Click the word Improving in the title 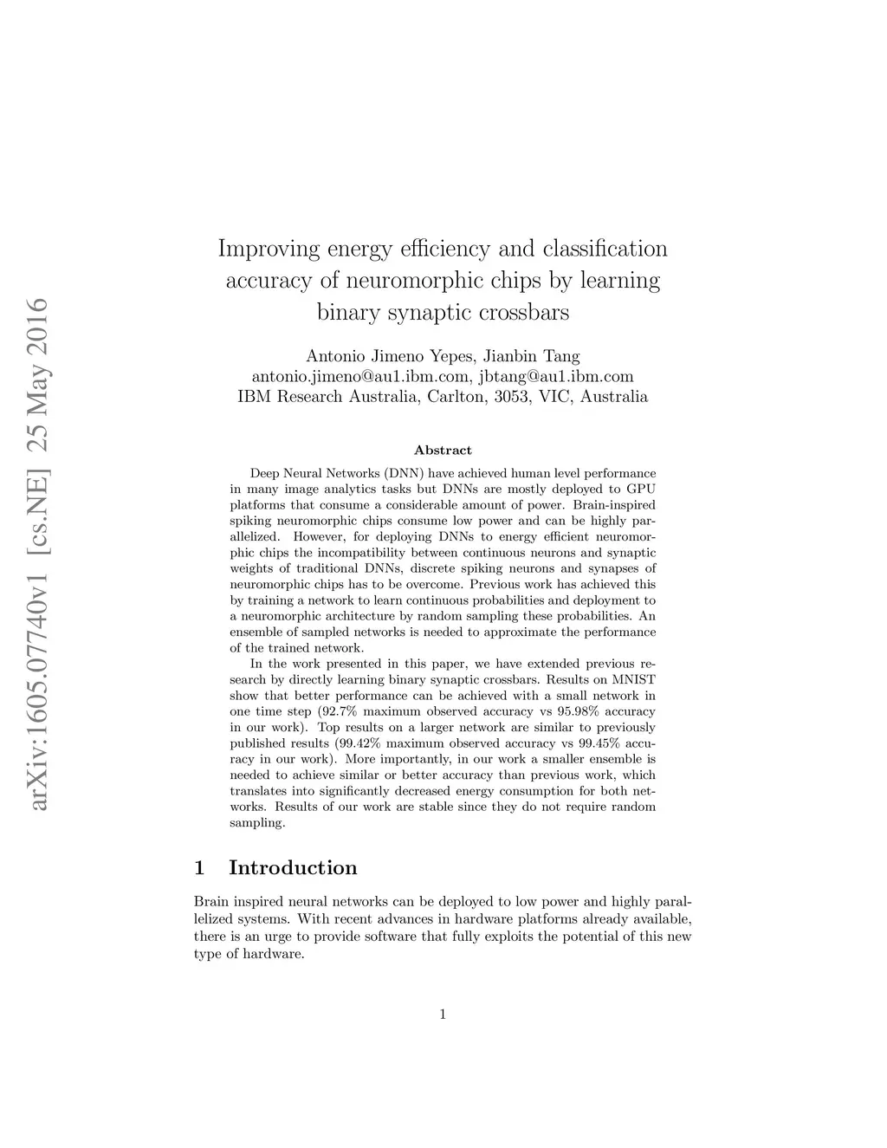[x=268, y=250]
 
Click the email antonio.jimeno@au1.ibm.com [x=360, y=377]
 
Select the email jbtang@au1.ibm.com [x=556, y=377]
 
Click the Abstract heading [x=443, y=451]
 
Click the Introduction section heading [x=293, y=868]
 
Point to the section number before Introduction [x=200, y=868]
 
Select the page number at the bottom [x=443, y=1015]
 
